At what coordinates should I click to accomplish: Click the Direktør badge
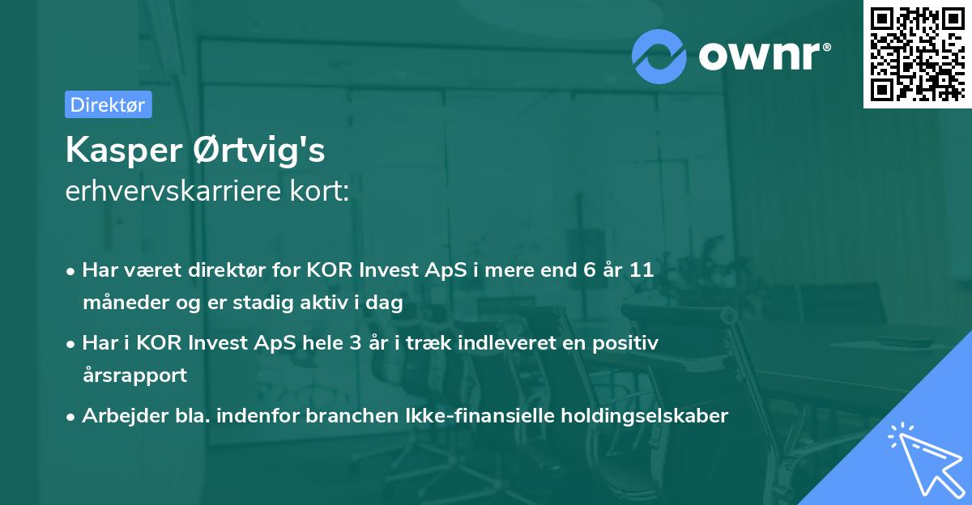coord(108,104)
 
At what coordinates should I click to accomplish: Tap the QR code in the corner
coord(917,53)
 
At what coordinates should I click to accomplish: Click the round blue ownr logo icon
coord(659,55)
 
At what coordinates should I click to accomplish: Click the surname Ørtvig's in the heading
coord(262,150)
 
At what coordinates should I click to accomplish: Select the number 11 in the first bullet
coord(642,270)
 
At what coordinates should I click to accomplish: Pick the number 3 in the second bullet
coord(355,342)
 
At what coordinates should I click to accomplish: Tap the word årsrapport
coord(134,375)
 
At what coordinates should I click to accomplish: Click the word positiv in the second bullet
coord(629,342)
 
